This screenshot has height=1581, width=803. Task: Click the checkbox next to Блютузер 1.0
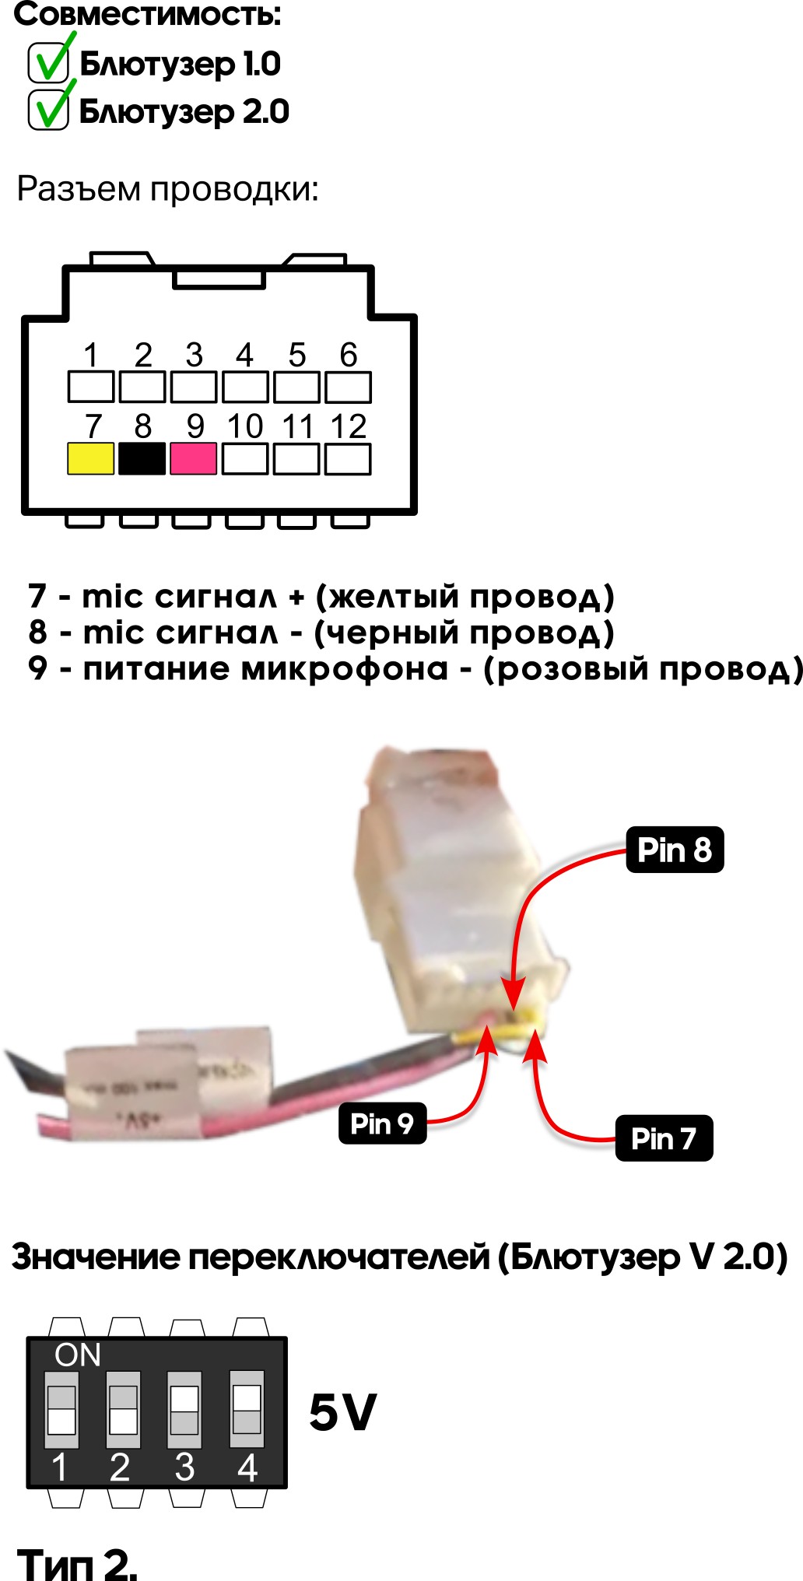coord(48,63)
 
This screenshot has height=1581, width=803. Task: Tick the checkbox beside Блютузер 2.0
coord(48,110)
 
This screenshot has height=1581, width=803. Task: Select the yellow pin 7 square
coord(91,458)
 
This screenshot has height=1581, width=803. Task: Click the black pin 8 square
coord(142,458)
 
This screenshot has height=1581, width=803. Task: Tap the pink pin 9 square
coord(193,458)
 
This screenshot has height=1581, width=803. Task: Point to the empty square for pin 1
coord(91,387)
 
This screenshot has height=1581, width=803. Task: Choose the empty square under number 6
coord(348,387)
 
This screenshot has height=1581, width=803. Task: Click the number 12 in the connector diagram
coord(348,426)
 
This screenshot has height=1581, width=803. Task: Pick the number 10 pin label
coord(244,426)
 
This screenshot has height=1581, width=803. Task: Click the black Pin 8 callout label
coord(675,850)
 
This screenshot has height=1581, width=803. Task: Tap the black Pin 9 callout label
coord(382,1123)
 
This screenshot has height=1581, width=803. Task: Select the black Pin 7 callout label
coord(664,1138)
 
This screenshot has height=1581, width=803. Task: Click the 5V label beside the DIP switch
coord(342,1412)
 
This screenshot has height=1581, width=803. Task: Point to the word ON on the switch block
coord(78,1355)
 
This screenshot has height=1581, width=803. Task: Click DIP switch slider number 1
coord(61,1410)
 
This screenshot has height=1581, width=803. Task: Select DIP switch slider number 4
coord(247,1410)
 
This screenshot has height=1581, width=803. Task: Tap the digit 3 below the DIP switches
coord(184,1467)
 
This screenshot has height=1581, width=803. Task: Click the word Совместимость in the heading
coord(148,14)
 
